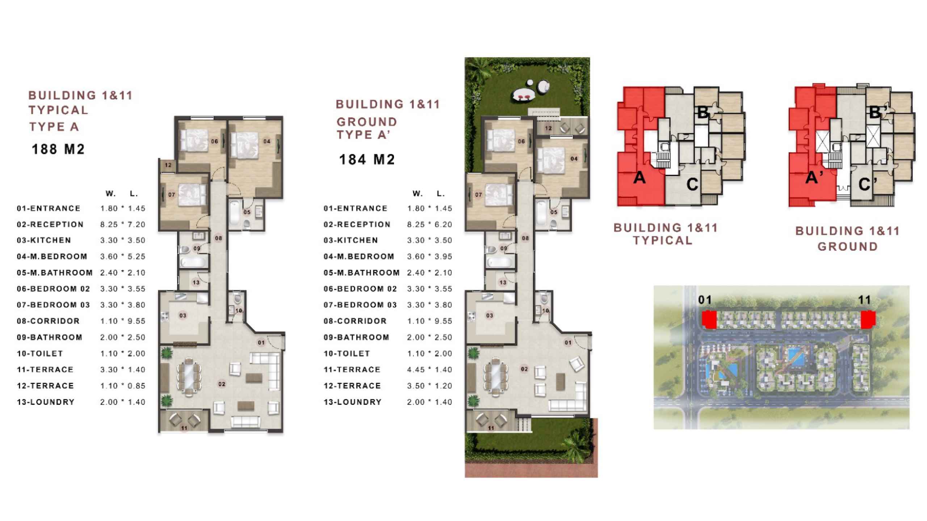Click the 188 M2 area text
[58, 149]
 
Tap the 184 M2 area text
[366, 160]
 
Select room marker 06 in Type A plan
[214, 141]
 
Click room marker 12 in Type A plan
[168, 165]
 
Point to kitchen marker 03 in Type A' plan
[490, 315]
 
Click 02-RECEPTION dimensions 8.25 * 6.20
[429, 224]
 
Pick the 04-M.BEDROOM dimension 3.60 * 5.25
[123, 257]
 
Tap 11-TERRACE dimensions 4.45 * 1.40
[429, 369]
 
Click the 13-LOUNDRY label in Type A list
[46, 402]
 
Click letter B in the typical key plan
[702, 112]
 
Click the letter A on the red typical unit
[639, 178]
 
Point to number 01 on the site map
[705, 300]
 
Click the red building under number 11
[868, 320]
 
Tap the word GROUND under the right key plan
[847, 247]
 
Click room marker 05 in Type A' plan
[554, 212]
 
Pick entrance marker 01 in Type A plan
[261, 342]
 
